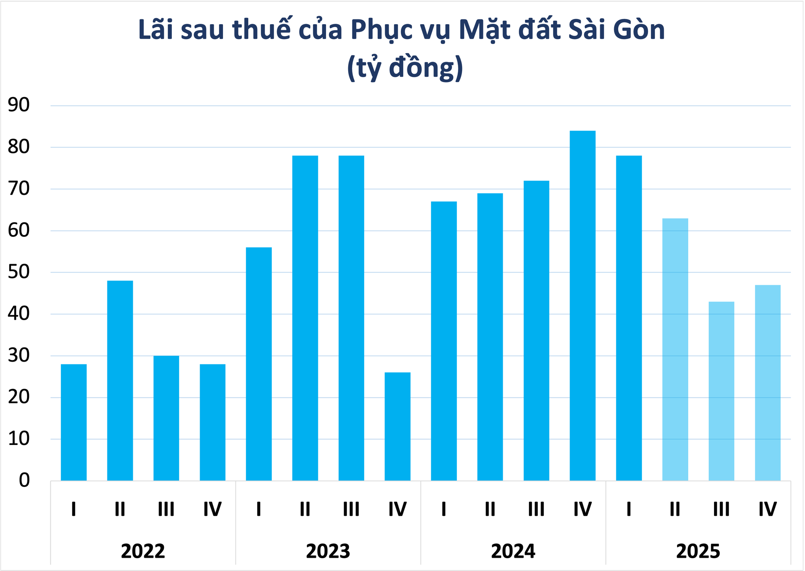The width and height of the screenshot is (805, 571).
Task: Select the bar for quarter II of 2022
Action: [x=120, y=381]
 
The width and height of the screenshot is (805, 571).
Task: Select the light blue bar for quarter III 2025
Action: [x=721, y=391]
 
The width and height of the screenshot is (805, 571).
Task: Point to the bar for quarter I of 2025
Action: [x=629, y=318]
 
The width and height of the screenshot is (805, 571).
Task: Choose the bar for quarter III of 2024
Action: [x=536, y=330]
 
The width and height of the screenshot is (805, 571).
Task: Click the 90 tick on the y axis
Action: [x=19, y=106]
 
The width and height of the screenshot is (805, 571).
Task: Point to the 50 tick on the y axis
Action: [x=19, y=272]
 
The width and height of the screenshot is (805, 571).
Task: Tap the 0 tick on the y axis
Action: [x=24, y=480]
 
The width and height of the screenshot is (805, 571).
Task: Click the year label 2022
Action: [x=143, y=551]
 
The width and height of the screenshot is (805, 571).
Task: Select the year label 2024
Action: [x=513, y=551]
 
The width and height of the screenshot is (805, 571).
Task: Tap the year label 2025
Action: [x=698, y=551]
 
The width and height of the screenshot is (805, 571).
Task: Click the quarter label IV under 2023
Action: [x=398, y=509]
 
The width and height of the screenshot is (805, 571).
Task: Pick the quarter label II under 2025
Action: [x=675, y=509]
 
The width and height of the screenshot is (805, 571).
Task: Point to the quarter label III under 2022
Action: [x=166, y=509]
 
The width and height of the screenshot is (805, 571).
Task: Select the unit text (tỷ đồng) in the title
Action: [x=405, y=68]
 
